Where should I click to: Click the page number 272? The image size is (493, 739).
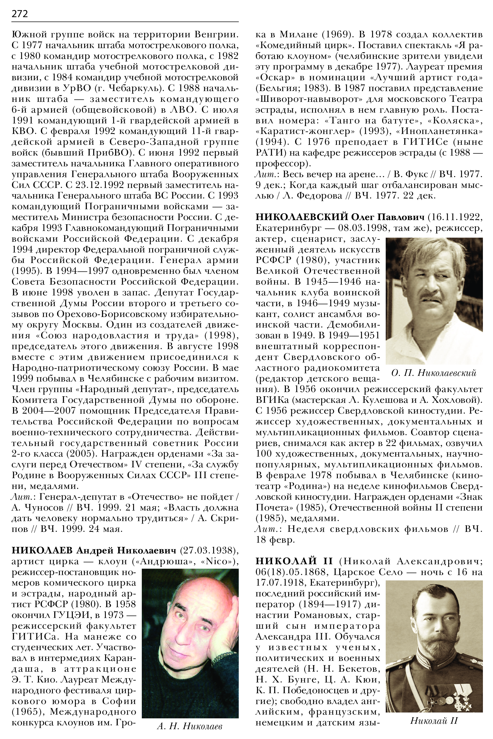click(19, 14)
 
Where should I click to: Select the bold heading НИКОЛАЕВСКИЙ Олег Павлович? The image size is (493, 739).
click(339, 217)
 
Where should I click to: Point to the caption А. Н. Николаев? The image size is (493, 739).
click(190, 726)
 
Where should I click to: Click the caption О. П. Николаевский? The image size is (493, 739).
click(434, 373)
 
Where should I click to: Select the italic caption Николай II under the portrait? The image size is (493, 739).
click(434, 720)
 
